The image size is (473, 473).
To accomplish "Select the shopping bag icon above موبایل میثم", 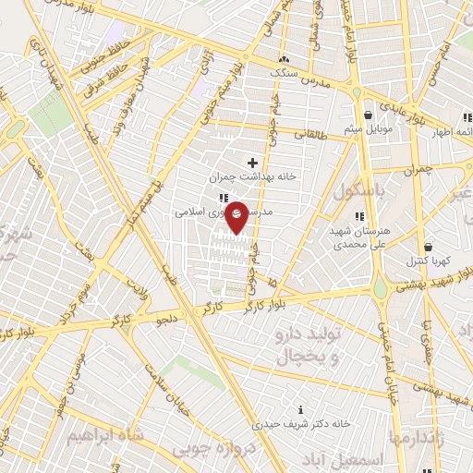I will point(370,115).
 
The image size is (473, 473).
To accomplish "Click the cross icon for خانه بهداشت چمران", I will point(252,163).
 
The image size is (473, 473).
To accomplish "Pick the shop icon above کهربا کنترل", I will point(429,248).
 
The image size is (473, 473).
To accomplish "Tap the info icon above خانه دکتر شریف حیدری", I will point(299,409).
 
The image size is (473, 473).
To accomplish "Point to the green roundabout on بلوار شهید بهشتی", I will point(380,289).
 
